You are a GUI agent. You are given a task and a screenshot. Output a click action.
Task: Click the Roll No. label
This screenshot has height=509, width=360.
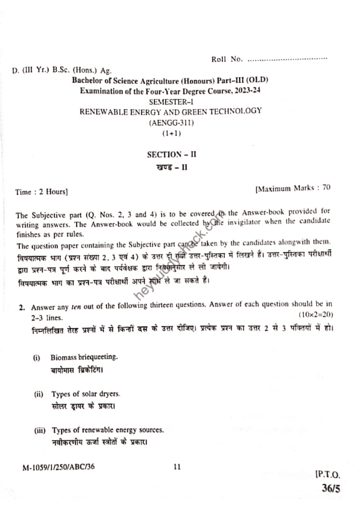227,60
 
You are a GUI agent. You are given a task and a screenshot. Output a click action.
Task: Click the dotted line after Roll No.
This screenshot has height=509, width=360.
287,60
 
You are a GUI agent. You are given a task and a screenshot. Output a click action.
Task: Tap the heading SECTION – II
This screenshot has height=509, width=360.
172,155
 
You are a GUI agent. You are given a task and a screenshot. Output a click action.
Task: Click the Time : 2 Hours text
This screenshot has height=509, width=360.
42,192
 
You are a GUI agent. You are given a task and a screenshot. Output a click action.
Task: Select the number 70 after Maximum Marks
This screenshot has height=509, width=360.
326,188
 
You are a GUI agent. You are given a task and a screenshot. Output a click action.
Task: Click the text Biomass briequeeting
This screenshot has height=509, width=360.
84,357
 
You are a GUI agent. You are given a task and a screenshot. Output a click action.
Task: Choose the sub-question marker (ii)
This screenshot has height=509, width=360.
38,394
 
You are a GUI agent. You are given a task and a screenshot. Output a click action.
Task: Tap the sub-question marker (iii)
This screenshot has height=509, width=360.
39,430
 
